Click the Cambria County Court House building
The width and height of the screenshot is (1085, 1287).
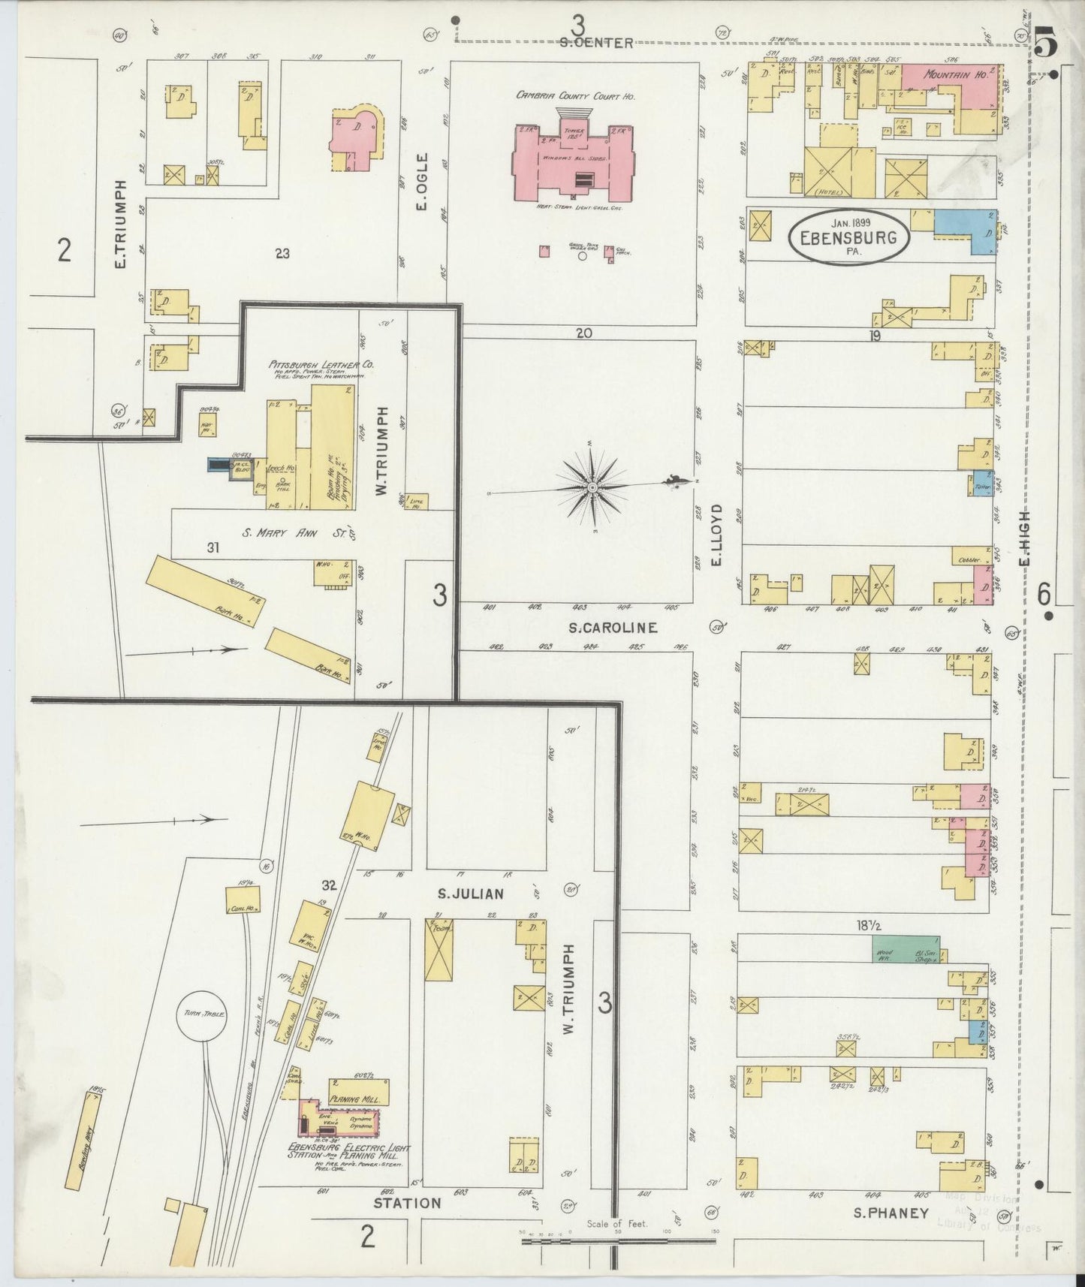pyautogui.click(x=572, y=158)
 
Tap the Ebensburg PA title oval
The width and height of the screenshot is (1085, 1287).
pyautogui.click(x=848, y=237)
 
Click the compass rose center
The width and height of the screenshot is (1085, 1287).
pyautogui.click(x=592, y=488)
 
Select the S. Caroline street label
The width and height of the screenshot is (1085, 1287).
pyautogui.click(x=612, y=628)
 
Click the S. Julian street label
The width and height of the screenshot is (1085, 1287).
pyautogui.click(x=471, y=894)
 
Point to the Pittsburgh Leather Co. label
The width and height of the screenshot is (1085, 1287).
pyautogui.click(x=322, y=365)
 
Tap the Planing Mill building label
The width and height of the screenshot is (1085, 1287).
pyautogui.click(x=359, y=1099)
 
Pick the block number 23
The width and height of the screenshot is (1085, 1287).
pyautogui.click(x=282, y=254)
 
